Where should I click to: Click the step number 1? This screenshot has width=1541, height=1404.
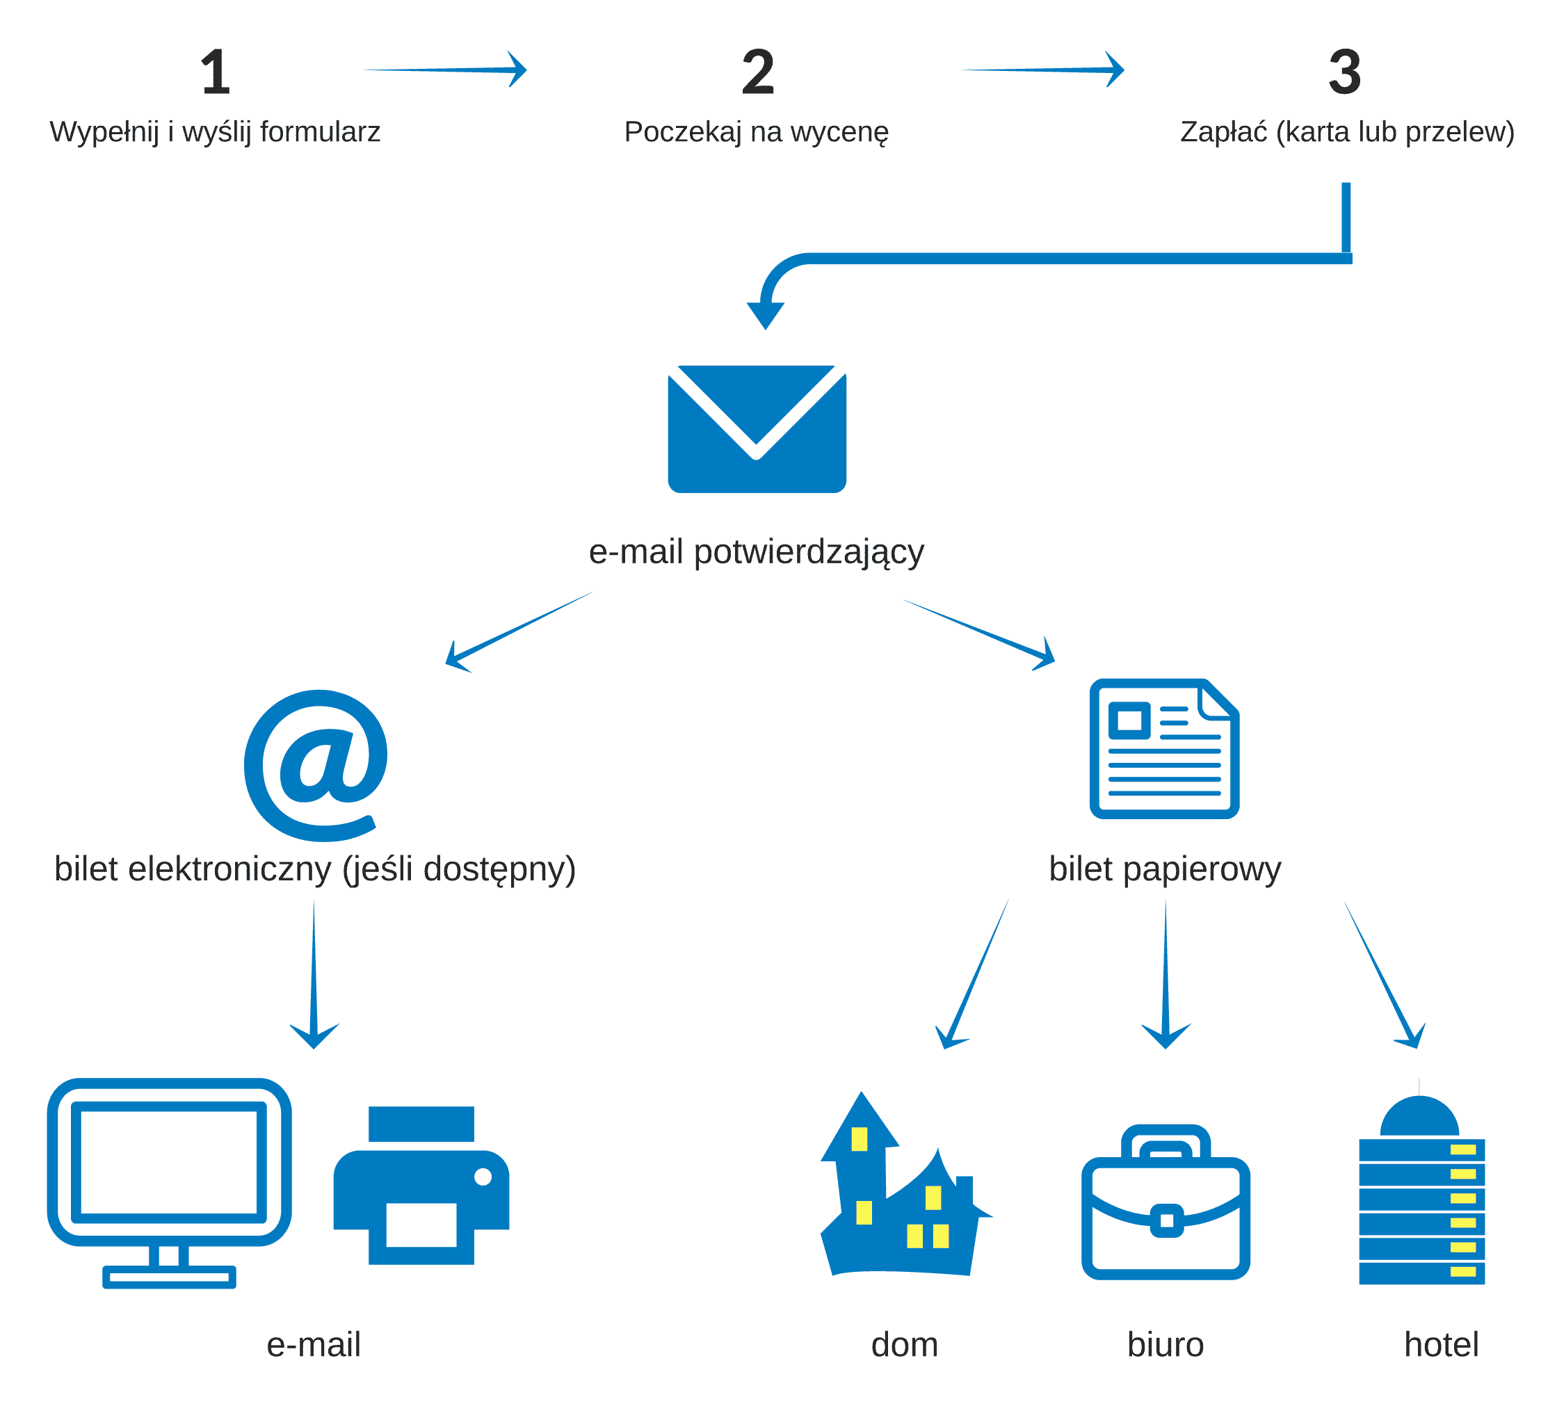click(216, 72)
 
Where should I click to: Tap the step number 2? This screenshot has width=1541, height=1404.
click(757, 72)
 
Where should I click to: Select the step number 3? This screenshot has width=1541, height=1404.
click(1345, 72)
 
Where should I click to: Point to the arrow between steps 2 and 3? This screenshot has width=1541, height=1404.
click(1042, 70)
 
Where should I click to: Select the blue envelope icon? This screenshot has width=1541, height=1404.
click(757, 429)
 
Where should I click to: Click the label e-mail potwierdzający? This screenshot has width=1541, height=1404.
click(756, 552)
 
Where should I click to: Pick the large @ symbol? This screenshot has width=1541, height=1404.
click(316, 764)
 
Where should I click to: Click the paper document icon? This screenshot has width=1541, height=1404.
click(1164, 748)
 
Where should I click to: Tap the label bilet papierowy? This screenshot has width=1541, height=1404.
click(1164, 869)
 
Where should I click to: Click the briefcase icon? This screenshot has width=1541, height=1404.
click(1165, 1203)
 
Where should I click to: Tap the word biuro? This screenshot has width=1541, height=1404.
click(1165, 1344)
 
